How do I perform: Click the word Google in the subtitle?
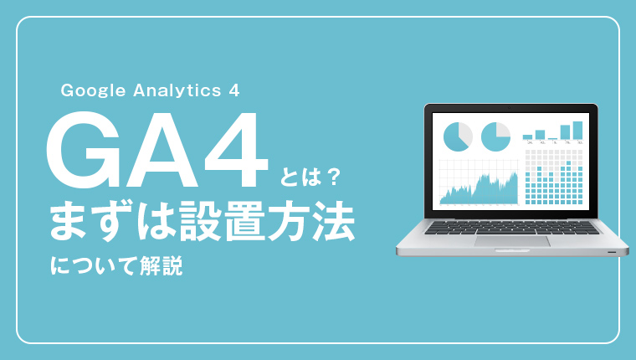click(93, 90)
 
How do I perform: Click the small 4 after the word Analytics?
click(234, 90)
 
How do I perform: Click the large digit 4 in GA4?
click(236, 149)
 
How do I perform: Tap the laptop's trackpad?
click(512, 240)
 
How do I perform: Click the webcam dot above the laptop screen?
click(509, 108)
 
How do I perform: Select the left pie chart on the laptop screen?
click(458, 136)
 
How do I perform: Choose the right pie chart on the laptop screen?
click(495, 136)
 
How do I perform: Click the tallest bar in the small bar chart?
click(577, 131)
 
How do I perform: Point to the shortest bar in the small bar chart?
click(552, 139)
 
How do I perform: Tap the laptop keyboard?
click(512, 228)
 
